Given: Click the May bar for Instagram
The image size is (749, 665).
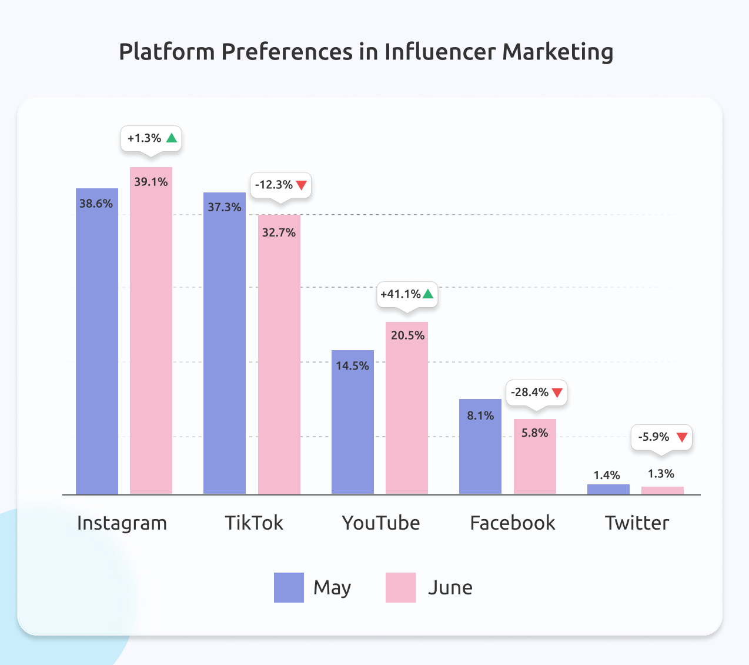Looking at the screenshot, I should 97,341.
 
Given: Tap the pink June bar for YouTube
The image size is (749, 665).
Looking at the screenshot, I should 407,412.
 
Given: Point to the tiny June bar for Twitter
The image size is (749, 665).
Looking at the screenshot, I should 663,490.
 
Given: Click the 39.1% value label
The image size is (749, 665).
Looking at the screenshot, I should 151,182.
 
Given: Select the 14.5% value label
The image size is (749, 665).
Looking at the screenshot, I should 352,366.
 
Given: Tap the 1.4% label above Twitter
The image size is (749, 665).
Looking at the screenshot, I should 607,475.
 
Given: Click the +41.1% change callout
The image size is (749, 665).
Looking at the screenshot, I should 407,294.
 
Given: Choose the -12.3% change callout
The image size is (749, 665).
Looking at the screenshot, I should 280,185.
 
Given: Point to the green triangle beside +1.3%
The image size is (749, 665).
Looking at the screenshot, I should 172,138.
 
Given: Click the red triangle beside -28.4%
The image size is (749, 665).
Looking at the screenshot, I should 557,393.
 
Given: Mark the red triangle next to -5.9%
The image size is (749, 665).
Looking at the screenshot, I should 682,437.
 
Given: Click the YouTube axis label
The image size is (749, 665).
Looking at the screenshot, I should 381,523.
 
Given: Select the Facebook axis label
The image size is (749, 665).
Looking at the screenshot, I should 513,523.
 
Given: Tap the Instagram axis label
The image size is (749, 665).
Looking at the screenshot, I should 122,523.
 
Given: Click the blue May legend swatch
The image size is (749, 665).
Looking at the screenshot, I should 289,587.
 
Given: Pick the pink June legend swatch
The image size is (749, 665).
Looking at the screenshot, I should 400,587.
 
